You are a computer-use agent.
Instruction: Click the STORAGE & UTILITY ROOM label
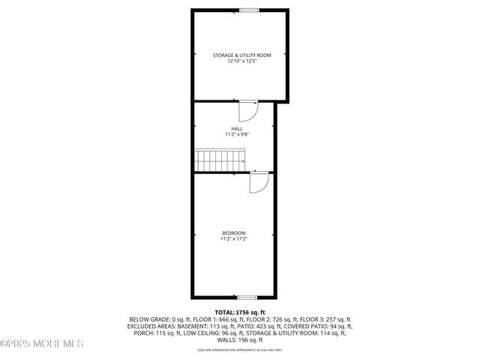[x=241, y=55]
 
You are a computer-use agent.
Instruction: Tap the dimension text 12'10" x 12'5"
[x=241, y=61]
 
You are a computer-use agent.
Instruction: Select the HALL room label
[x=236, y=128]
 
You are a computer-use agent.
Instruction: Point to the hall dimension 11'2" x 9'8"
[x=236, y=134]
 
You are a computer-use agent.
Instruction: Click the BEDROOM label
[x=233, y=232]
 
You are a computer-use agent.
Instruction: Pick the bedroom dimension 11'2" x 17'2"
[x=233, y=238]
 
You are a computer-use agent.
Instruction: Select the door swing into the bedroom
[x=259, y=183]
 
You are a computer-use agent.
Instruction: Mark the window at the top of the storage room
[x=250, y=10]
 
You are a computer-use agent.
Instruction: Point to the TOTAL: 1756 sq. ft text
[x=240, y=312]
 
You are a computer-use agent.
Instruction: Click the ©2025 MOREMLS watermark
[x=41, y=343]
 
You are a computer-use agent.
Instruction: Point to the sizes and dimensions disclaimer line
[x=240, y=349]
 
